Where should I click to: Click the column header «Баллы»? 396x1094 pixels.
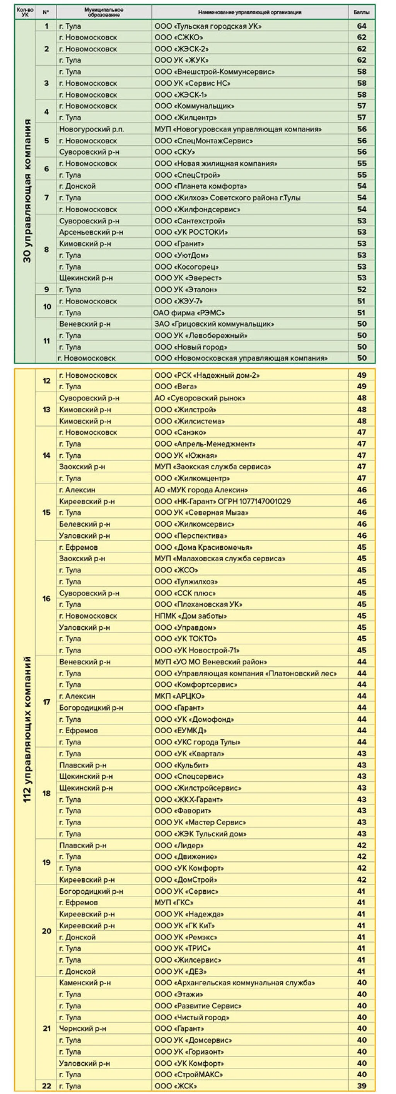361,12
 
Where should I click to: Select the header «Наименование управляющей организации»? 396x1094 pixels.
250,12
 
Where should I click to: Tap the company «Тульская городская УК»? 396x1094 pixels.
208,26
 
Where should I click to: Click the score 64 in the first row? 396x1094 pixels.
362,26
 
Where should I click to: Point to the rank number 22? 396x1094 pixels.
46,1086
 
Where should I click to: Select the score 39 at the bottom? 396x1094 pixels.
362,1086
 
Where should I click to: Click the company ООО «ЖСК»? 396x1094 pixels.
176,1086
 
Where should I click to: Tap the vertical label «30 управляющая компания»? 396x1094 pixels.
27,191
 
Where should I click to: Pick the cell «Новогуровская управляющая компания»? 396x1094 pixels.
238,129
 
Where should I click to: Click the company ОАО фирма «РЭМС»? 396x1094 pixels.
189,313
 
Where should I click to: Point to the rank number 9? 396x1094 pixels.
46,290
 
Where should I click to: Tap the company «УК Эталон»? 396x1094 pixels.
186,290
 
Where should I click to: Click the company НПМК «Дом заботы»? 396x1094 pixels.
190,616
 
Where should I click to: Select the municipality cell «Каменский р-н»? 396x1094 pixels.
85,983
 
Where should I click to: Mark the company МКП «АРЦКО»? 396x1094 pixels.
179,696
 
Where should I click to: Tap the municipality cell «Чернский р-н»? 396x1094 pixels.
83,1029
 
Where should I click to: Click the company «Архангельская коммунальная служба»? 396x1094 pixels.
234,983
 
